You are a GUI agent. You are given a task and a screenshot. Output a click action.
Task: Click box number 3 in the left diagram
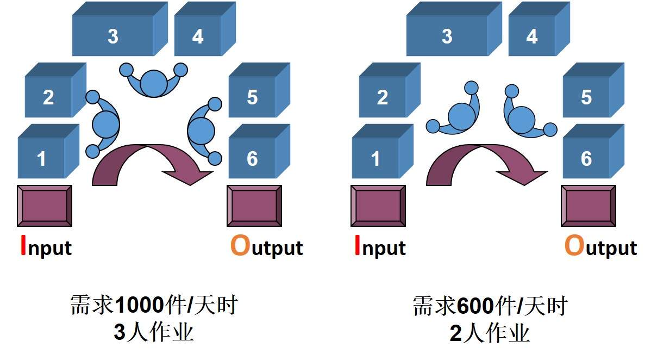pyautogui.click(x=112, y=36)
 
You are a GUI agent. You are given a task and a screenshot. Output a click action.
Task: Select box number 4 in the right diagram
pyautogui.click(x=531, y=36)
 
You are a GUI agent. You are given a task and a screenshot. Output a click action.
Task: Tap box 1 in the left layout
pyautogui.click(x=41, y=158)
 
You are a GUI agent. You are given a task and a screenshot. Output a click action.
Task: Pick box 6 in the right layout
pyautogui.click(x=586, y=158)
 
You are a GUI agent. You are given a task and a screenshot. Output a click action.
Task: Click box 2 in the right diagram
pyautogui.click(x=382, y=97)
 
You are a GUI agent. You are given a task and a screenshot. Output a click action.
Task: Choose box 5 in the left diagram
pyautogui.click(x=252, y=97)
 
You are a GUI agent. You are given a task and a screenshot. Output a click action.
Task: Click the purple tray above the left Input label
pyautogui.click(x=45, y=205)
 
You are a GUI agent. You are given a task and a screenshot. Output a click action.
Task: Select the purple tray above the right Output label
pyautogui.click(x=589, y=205)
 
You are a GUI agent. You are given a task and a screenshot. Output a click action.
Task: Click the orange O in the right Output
pyautogui.click(x=574, y=246)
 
